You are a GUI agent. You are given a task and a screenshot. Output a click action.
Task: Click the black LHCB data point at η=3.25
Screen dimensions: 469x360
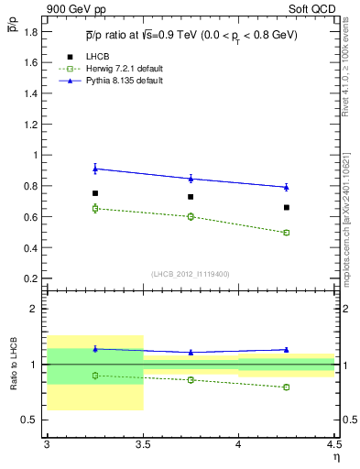click(94, 193)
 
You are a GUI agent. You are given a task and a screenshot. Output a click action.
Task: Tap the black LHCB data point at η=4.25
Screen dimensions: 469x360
click(287, 207)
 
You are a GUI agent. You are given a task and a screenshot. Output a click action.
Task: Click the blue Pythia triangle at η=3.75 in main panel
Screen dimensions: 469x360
click(191, 178)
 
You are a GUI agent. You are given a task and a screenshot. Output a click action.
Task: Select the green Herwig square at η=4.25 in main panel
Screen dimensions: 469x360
click(287, 233)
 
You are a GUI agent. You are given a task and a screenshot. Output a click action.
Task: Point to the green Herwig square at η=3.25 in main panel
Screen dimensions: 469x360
click(94, 208)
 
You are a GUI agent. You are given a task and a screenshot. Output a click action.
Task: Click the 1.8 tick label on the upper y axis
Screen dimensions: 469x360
click(31, 32)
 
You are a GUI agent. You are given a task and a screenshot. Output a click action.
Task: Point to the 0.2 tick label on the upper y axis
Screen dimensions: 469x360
click(31, 278)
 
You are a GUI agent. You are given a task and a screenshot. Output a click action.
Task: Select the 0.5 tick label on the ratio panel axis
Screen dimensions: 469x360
click(31, 420)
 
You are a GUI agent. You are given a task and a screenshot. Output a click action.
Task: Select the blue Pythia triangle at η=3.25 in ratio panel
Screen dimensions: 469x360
click(94, 348)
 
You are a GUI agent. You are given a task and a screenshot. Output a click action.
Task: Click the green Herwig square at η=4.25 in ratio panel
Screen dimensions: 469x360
click(287, 387)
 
